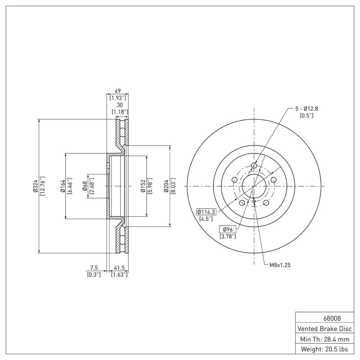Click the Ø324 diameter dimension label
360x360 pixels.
(x=35, y=186)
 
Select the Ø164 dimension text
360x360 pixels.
(x=62, y=186)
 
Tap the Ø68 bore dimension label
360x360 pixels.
(x=85, y=186)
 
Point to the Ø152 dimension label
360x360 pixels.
(x=142, y=186)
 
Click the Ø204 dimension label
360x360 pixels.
(x=166, y=186)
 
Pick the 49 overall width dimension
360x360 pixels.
(x=117, y=90)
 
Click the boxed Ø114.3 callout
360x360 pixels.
(x=207, y=211)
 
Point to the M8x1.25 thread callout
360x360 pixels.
(x=280, y=265)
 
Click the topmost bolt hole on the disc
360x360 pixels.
(x=254, y=166)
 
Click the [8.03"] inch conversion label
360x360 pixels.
(x=173, y=186)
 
